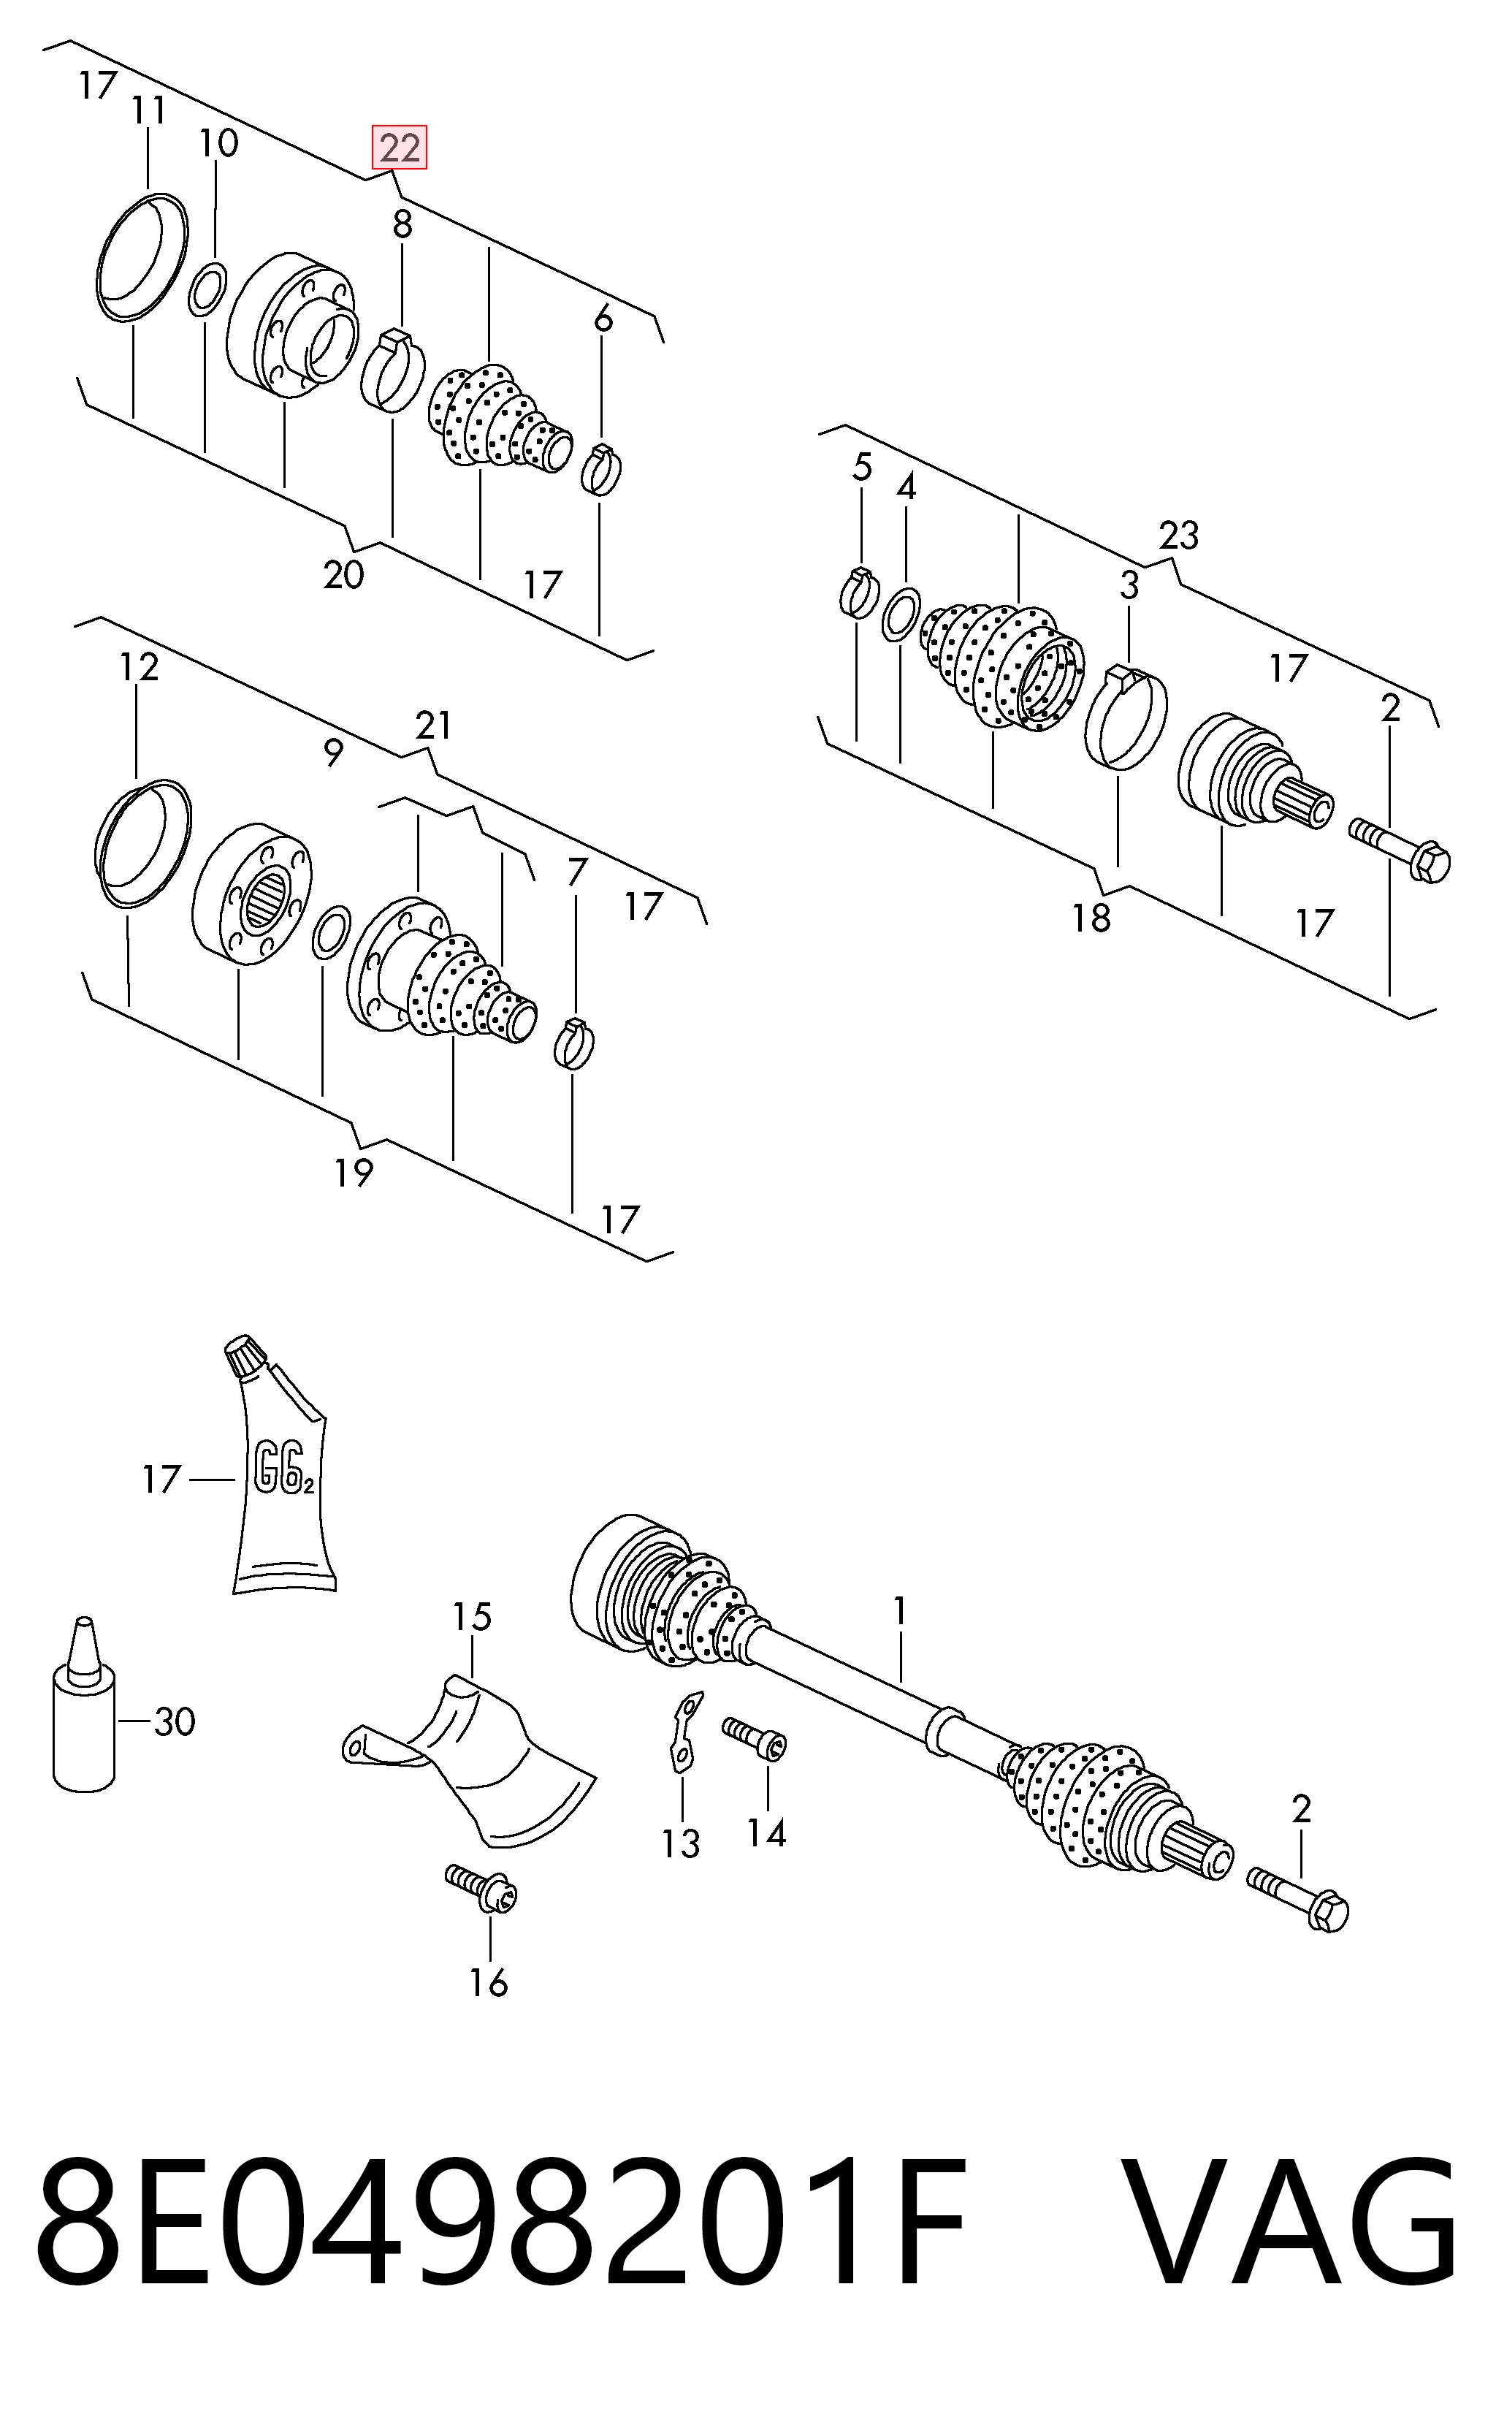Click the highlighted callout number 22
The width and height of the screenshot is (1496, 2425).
pyautogui.click(x=399, y=148)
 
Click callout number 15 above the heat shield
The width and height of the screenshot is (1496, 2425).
pyautogui.click(x=472, y=1618)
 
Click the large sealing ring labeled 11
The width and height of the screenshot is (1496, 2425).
pyautogui.click(x=142, y=258)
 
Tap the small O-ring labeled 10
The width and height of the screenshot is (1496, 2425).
pyautogui.click(x=207, y=288)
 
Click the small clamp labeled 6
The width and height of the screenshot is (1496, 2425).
pyautogui.click(x=600, y=469)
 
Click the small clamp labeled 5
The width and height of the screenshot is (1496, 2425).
pyautogui.click(x=860, y=593)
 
